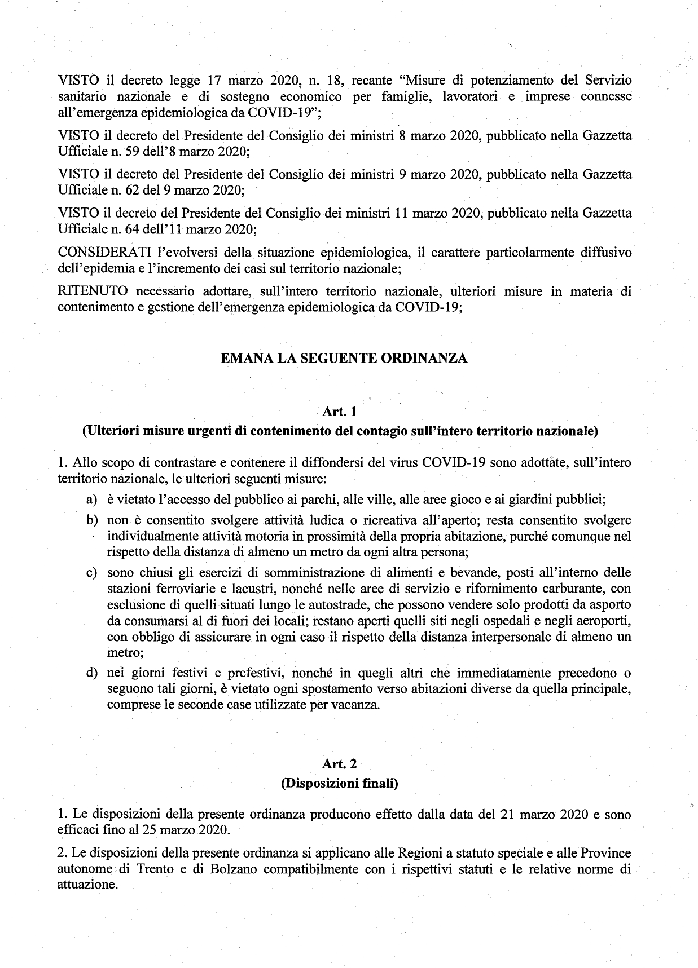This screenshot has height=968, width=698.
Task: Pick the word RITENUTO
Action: (93, 291)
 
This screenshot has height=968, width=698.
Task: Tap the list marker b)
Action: (91, 520)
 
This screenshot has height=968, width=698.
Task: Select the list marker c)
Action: (91, 573)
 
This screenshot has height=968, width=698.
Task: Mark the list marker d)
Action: (91, 674)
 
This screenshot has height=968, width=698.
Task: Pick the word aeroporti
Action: (600, 621)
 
